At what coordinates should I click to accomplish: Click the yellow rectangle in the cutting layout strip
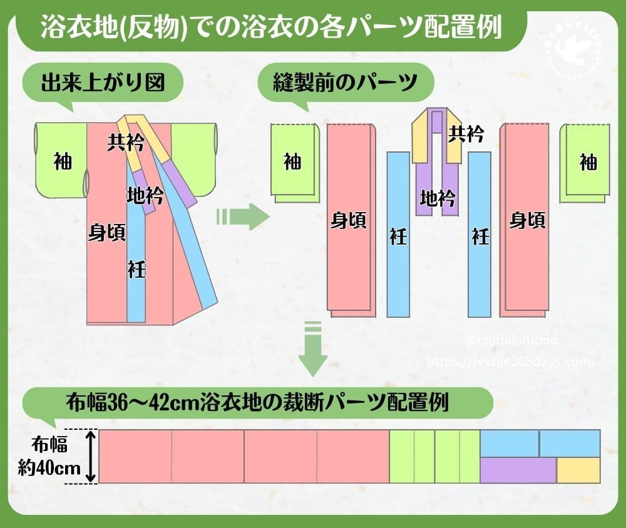tap(578, 470)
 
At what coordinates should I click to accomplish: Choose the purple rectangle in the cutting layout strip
tap(518, 470)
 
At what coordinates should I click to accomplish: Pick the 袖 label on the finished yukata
tap(62, 161)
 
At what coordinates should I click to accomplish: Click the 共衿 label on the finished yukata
tap(126, 144)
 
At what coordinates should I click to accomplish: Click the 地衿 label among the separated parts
tap(437, 199)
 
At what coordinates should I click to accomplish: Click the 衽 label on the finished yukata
tap(136, 269)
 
